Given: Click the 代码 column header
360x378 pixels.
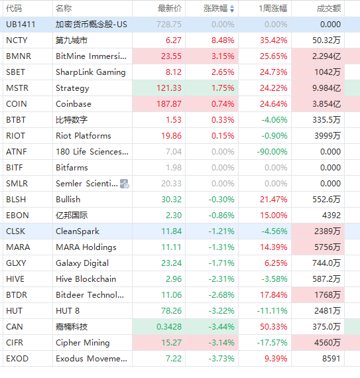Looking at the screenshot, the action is point(14,9).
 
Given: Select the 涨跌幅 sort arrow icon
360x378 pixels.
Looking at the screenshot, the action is point(232,9).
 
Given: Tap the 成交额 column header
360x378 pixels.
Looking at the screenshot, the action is point(329,9).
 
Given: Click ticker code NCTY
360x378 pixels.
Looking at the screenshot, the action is point(17,40).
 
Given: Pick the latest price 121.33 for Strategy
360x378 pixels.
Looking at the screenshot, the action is point(169,88).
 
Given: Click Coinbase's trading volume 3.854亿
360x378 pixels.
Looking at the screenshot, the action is point(326,104).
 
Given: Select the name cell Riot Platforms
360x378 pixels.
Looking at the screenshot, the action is point(84,136).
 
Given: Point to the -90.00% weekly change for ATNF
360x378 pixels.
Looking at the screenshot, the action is point(272,152).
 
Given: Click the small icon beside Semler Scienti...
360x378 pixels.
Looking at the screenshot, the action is point(125,184).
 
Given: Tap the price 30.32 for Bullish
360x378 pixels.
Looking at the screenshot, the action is point(171,200).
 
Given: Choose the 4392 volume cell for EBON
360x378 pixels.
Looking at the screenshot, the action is point(331,216).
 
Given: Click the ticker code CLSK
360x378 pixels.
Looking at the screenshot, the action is point(15,231).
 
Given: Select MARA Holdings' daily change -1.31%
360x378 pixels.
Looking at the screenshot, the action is point(221,247).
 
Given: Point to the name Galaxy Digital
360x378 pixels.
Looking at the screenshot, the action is point(82,263).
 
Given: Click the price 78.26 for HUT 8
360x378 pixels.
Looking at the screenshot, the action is point(171,311).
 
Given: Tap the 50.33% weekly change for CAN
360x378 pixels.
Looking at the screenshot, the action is point(274,327).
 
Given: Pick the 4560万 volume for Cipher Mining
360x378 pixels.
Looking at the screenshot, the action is point(328,343).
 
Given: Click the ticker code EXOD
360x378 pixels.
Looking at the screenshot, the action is point(17,359).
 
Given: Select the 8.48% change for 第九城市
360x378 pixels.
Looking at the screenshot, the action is point(223,40).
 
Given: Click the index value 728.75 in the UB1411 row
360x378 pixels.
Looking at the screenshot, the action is point(169,25).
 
